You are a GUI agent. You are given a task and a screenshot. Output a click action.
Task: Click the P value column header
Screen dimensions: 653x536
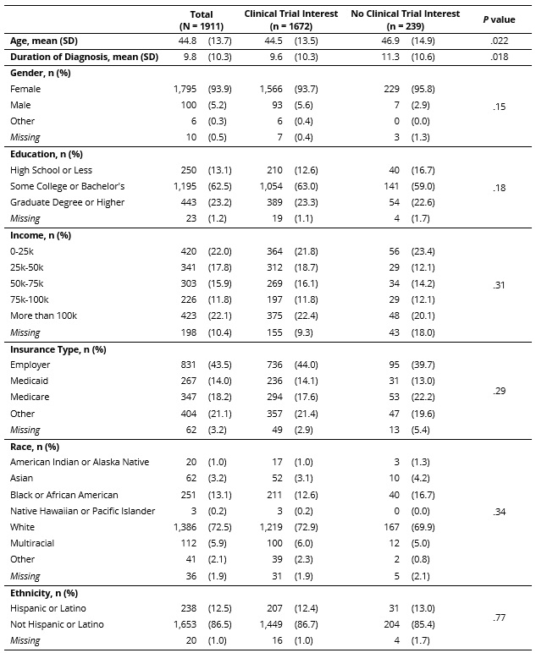pyautogui.click(x=498, y=19)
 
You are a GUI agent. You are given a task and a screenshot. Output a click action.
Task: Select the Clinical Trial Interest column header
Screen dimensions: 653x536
pyautogui.click(x=290, y=19)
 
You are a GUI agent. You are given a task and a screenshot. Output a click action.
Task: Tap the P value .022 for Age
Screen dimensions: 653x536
pyautogui.click(x=498, y=40)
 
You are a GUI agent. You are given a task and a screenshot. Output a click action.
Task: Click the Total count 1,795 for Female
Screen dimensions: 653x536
pyautogui.click(x=185, y=89)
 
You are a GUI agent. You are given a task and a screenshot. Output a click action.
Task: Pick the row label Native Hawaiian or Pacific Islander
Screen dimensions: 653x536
pyautogui.click(x=83, y=510)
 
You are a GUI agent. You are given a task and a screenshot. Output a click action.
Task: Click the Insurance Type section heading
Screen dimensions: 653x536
pyautogui.click(x=58, y=348)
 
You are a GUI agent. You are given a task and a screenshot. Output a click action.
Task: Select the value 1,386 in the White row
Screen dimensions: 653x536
pyautogui.click(x=185, y=526)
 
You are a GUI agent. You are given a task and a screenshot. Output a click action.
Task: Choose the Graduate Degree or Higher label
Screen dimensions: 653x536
pyautogui.click(x=67, y=202)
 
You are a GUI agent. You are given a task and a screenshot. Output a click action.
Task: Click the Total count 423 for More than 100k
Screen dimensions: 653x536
pyautogui.click(x=188, y=316)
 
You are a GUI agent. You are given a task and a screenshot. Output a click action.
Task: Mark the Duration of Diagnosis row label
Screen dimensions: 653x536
pyautogui.click(x=83, y=57)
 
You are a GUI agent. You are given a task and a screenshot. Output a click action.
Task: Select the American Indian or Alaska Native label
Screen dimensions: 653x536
pyautogui.click(x=80, y=462)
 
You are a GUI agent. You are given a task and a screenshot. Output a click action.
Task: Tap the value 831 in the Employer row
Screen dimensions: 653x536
pyautogui.click(x=188, y=365)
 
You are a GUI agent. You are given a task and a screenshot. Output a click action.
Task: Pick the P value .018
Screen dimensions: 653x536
pyautogui.click(x=498, y=57)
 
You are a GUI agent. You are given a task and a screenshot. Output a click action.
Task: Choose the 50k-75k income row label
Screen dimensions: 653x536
pyautogui.click(x=29, y=283)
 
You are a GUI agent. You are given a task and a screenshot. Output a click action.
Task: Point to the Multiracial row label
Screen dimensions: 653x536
pyautogui.click(x=33, y=543)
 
